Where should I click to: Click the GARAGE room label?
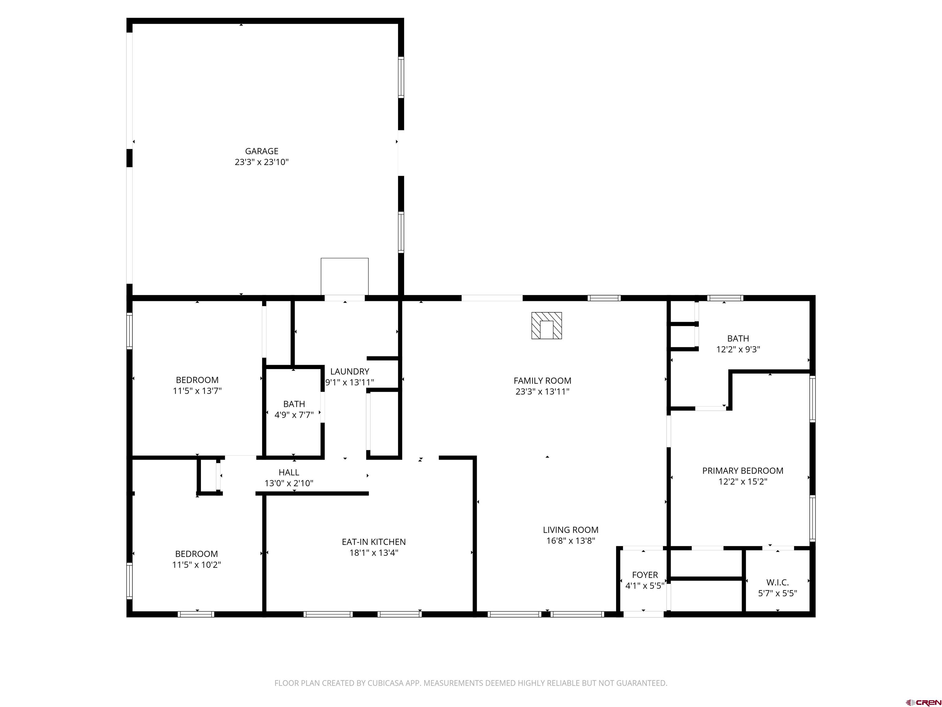[x=262, y=151]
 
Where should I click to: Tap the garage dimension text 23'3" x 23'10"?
[x=262, y=162]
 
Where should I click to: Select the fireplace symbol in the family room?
[x=546, y=326]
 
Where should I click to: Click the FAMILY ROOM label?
[x=542, y=381]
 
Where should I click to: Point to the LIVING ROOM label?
[x=571, y=530]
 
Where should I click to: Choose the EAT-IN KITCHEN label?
[x=373, y=542]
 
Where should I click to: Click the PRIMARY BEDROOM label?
[x=743, y=470]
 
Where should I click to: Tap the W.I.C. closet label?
[x=778, y=582]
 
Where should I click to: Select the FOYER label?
[x=645, y=575]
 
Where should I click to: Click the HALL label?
[x=289, y=472]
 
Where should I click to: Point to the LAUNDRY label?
[x=350, y=372]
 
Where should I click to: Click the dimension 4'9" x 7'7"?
[x=294, y=415]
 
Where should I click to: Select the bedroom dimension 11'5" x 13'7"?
[x=197, y=391]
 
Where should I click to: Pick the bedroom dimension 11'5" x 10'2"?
[x=196, y=565]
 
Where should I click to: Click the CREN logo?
[x=923, y=702]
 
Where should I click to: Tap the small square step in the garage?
[x=345, y=276]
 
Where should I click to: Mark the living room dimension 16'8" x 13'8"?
[x=571, y=541]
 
